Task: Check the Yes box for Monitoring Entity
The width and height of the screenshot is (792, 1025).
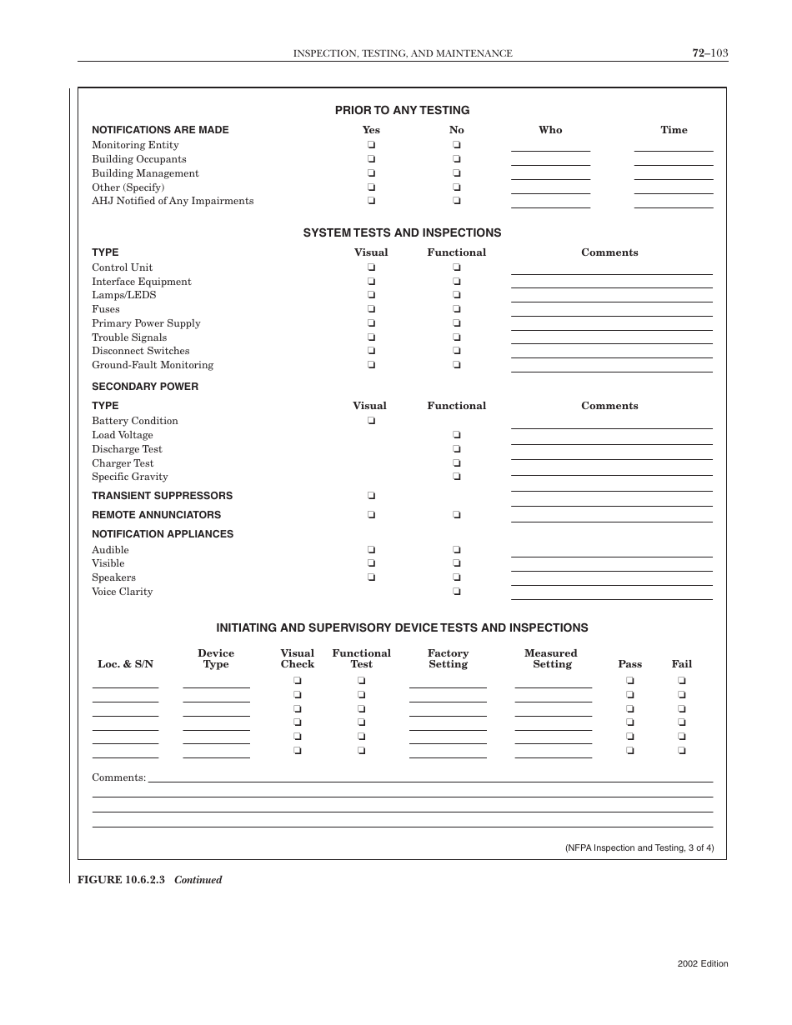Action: point(371,145)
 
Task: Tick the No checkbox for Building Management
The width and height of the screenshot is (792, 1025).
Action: point(457,173)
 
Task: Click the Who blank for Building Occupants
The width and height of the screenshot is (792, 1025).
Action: point(550,160)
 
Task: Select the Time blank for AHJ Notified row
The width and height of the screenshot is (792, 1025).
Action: point(674,202)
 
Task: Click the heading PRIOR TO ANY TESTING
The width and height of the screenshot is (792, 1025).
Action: point(402,110)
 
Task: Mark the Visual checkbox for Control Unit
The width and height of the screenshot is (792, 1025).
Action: point(371,267)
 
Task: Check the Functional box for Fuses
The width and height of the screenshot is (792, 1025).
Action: point(457,309)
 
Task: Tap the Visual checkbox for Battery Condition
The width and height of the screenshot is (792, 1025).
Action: point(371,421)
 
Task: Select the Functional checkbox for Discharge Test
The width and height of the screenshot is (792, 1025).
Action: point(457,449)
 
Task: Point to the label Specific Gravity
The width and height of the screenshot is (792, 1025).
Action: point(130,477)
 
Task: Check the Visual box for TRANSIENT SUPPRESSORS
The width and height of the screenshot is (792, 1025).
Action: point(371,496)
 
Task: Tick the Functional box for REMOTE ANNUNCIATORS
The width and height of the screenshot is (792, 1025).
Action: point(457,515)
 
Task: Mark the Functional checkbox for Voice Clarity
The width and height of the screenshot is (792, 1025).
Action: point(457,592)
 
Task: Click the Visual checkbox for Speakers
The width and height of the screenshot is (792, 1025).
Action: point(371,577)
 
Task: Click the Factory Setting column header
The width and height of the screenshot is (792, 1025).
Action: point(448,659)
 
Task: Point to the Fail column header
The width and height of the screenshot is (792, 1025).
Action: point(681,664)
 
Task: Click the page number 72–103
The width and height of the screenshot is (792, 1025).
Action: point(709,52)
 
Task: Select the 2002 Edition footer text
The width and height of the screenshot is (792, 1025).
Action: point(702,963)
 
